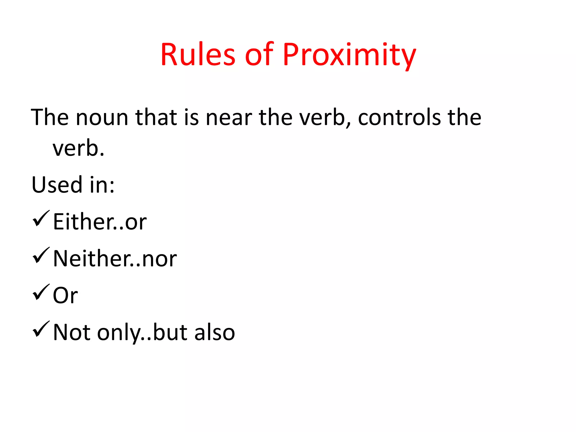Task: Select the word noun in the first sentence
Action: [x=102, y=117]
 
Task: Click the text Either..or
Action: [x=100, y=222]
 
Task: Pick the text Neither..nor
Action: [x=115, y=259]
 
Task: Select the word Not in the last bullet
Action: [x=71, y=332]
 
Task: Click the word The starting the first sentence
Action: [x=50, y=117]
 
